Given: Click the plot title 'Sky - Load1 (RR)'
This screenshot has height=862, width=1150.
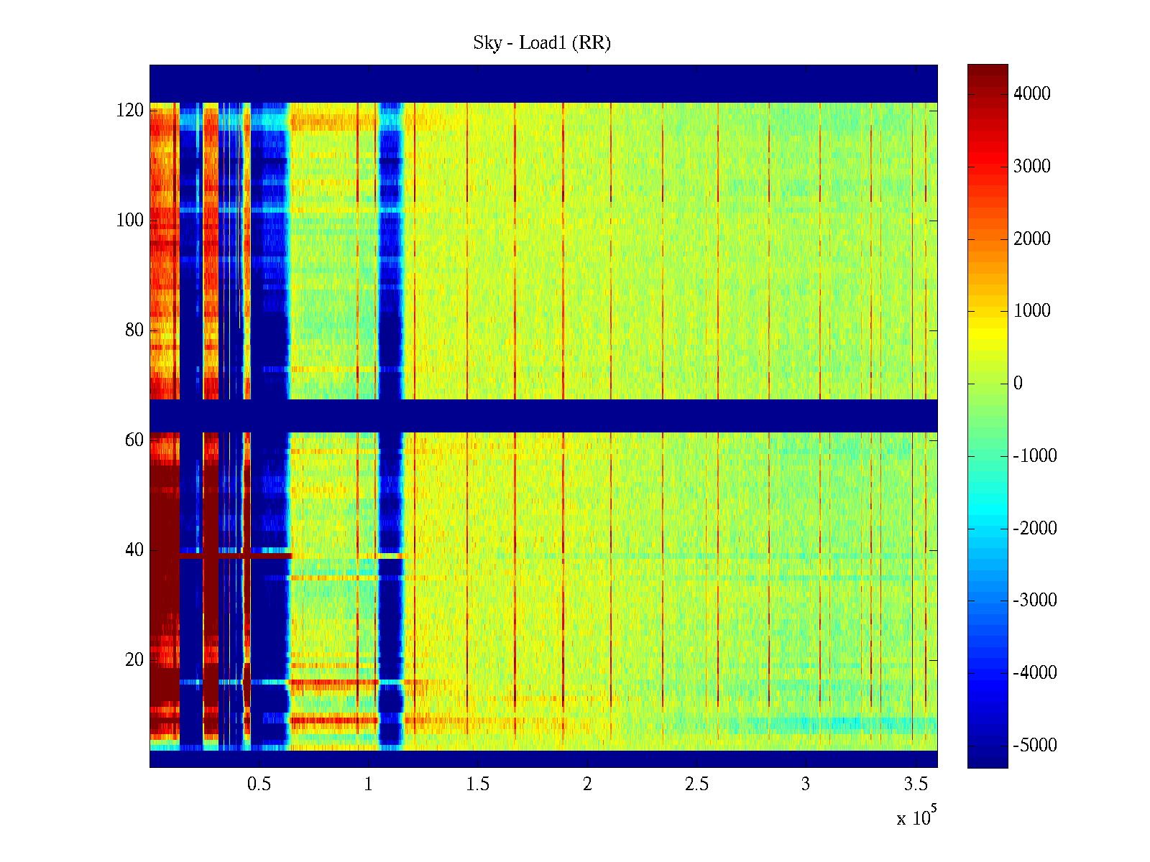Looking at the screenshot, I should click(542, 43).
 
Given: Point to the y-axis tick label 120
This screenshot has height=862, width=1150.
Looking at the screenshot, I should click(130, 111).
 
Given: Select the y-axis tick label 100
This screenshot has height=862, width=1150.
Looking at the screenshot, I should click(130, 221).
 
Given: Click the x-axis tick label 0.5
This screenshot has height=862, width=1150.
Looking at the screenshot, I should click(259, 784).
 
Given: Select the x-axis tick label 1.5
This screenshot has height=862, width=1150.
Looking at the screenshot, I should click(478, 784).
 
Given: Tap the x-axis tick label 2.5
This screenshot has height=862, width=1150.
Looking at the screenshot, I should click(696, 784).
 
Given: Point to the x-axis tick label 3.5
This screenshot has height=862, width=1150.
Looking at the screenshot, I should click(916, 784).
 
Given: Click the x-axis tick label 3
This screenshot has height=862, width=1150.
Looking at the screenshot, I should click(806, 784).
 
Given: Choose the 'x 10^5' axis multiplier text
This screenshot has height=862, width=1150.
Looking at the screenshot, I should click(917, 817).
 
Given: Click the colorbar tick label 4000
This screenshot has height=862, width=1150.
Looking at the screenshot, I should click(1031, 94).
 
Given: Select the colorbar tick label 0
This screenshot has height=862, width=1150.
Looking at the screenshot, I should click(1018, 384).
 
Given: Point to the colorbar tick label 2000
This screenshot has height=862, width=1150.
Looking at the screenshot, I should click(1031, 239).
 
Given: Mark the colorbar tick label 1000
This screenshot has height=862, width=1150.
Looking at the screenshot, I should click(1031, 311).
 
